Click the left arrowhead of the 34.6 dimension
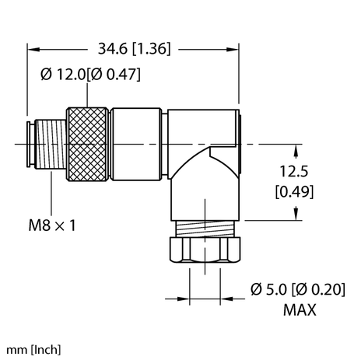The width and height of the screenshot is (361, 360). [33, 49]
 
